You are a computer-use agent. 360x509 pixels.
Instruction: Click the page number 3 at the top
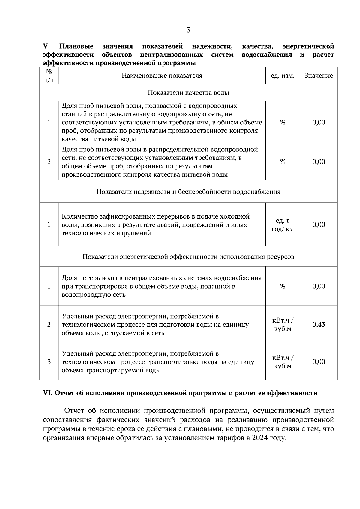tap(188, 30)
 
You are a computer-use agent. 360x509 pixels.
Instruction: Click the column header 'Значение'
tap(319, 76)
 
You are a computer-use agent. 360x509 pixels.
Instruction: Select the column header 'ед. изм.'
tap(283, 76)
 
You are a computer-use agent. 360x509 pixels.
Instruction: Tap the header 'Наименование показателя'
tap(162, 76)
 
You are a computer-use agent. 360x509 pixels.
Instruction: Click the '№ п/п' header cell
tap(49, 76)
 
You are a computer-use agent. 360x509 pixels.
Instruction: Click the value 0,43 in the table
tap(319, 325)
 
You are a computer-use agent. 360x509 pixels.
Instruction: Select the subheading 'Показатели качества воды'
tap(188, 93)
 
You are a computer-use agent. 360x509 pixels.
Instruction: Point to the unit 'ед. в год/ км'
tap(283, 225)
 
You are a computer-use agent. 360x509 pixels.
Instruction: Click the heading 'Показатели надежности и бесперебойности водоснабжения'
tap(188, 192)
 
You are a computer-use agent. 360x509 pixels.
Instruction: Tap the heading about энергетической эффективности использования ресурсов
tap(188, 257)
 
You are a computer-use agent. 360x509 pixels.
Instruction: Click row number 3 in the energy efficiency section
tap(49, 362)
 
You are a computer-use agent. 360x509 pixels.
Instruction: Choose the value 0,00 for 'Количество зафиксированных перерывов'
tap(319, 225)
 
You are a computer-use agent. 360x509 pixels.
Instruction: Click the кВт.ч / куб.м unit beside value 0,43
tap(283, 325)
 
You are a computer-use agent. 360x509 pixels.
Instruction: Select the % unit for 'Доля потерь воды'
tap(283, 286)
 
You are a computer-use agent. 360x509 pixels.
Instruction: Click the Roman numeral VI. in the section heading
tap(48, 393)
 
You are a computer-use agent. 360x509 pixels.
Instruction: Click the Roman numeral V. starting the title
tap(46, 46)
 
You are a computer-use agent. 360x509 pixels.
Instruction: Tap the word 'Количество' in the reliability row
tap(78, 216)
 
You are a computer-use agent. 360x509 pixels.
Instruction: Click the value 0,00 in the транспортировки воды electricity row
tap(319, 362)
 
